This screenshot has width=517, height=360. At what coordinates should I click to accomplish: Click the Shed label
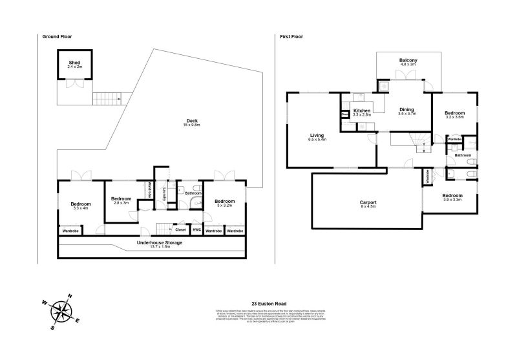(75, 64)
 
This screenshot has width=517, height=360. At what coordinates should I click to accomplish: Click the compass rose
(62, 311)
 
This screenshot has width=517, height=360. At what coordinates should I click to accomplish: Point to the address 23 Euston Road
(269, 302)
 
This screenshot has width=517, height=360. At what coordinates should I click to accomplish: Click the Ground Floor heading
(56, 37)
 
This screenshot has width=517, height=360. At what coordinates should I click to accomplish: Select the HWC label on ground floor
(197, 230)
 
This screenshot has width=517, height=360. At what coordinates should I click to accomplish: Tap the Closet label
(180, 229)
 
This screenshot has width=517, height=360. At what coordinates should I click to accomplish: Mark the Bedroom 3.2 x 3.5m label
(455, 114)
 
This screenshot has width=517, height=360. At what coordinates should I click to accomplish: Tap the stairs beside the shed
(107, 99)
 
